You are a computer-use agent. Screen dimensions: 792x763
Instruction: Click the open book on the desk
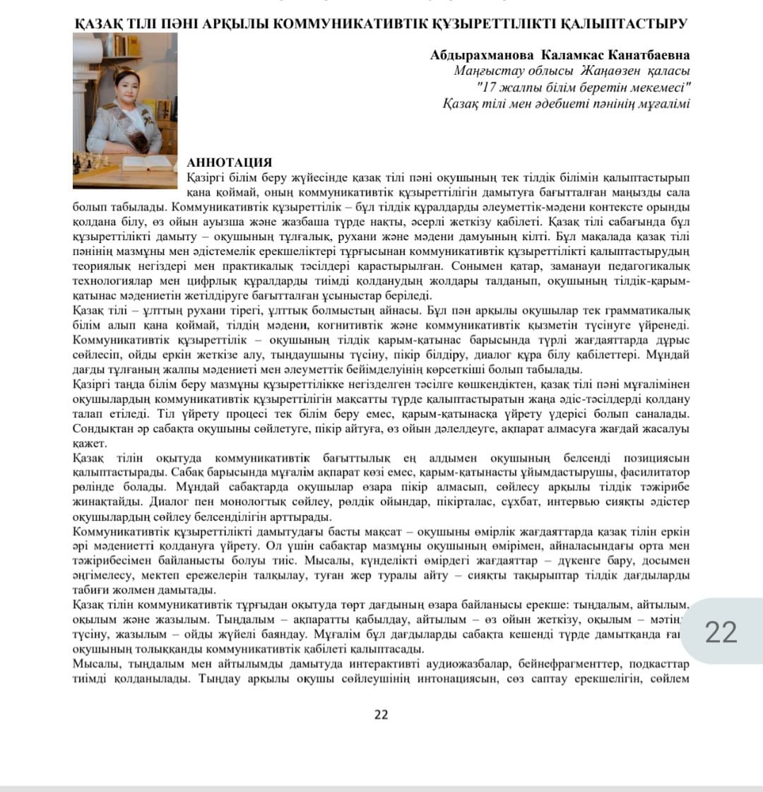pos(145,164)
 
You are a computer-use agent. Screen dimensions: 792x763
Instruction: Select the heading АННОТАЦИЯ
pos(229,162)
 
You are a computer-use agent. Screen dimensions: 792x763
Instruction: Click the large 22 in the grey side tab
pos(721,631)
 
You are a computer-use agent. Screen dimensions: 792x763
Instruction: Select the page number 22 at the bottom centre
pos(381,714)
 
